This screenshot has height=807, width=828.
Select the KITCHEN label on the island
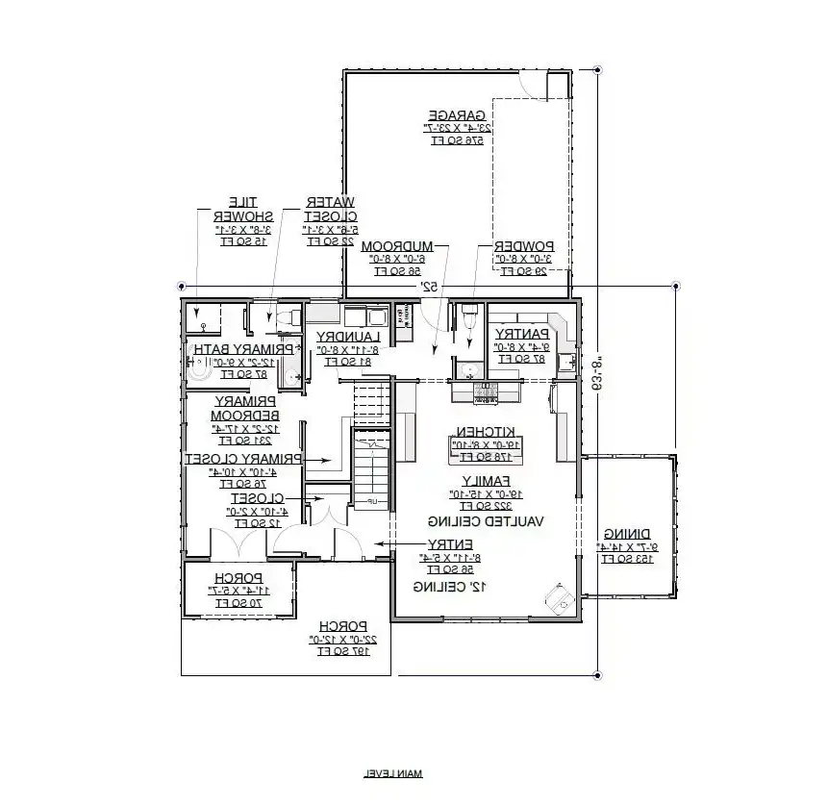click(x=486, y=432)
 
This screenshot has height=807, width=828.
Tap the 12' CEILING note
click(x=450, y=586)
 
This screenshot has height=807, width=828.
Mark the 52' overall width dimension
click(x=428, y=288)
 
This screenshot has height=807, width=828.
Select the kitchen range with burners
click(x=486, y=391)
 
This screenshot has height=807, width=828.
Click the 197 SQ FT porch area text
click(x=341, y=652)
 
